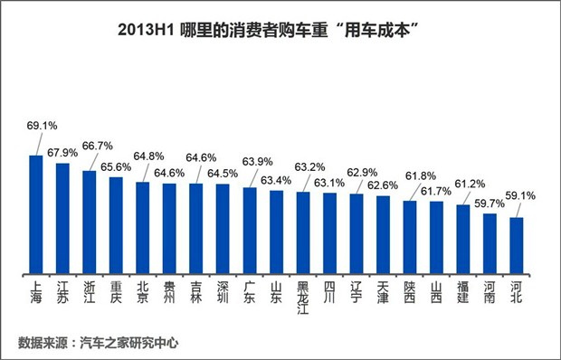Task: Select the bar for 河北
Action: [517, 244]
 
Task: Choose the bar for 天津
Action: [384, 233]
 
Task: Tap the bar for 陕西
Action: [410, 236]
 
